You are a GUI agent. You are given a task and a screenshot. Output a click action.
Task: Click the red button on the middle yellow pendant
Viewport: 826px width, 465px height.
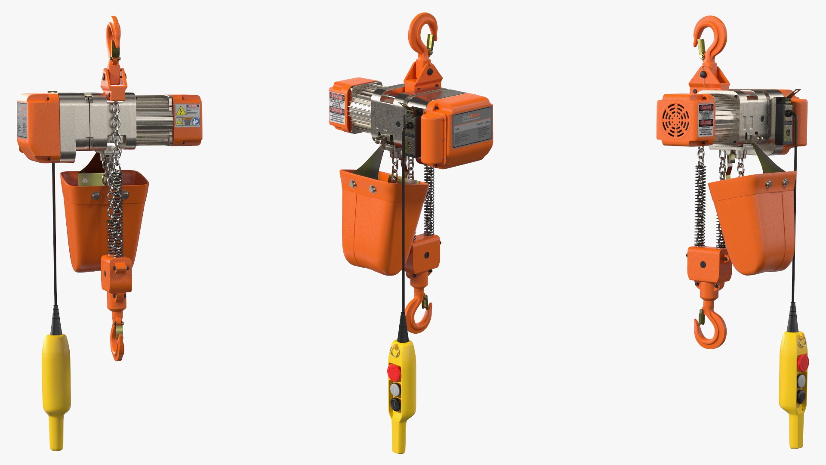point(394,372)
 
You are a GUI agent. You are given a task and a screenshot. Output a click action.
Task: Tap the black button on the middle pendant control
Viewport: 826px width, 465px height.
point(395,404)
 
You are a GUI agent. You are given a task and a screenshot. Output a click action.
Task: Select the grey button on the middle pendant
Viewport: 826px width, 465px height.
point(395,389)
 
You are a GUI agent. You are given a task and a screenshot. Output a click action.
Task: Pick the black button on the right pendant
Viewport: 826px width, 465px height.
point(801,397)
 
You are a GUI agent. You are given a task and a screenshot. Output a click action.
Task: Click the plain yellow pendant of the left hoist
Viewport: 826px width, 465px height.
point(55,379)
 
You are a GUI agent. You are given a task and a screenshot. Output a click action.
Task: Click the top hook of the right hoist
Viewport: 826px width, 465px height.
point(710,37)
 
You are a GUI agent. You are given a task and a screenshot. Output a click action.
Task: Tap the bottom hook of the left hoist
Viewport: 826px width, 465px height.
point(117,340)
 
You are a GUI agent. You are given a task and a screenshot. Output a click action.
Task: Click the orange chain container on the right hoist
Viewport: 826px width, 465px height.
point(757,224)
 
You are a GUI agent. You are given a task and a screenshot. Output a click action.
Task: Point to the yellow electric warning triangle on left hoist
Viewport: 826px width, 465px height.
point(181,111)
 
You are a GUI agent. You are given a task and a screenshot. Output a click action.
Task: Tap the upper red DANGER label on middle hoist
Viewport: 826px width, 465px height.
point(337,96)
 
